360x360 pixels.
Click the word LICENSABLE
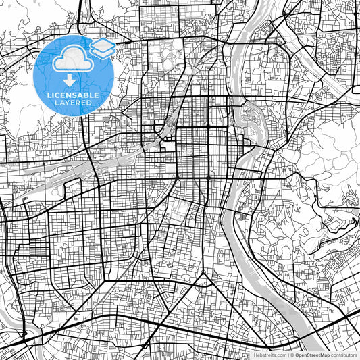pyautogui.click(x=74, y=95)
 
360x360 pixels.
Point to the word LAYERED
pyautogui.click(x=74, y=103)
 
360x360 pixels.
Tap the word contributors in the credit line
pyautogui.click(x=343, y=354)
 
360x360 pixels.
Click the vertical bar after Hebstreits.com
pyautogui.click(x=288, y=354)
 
